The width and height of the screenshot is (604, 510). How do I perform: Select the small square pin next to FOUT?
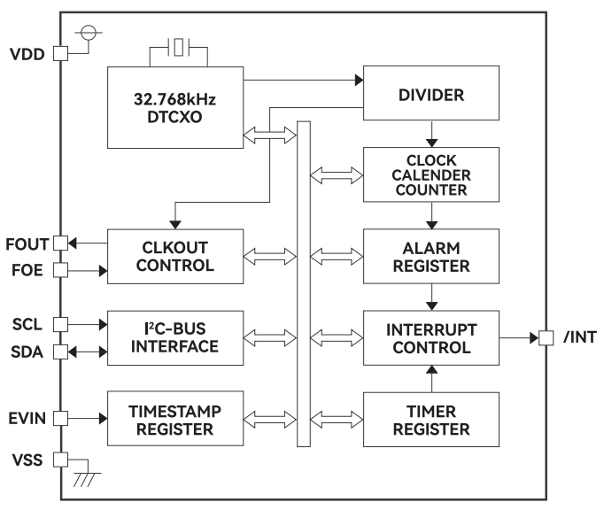(x=60, y=243)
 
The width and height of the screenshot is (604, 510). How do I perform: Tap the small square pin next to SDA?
(x=60, y=352)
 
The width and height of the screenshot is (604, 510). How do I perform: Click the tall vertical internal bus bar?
(x=305, y=284)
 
